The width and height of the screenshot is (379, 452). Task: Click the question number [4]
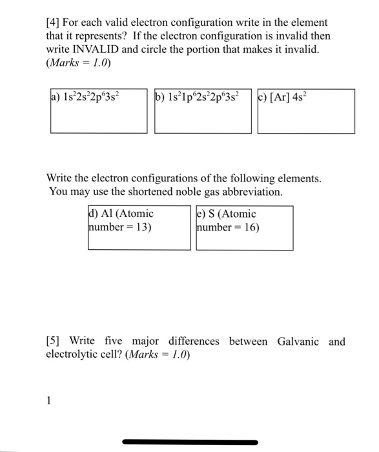click(x=53, y=23)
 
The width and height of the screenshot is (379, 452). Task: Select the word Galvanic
click(x=298, y=341)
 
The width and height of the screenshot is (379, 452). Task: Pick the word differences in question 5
click(x=194, y=341)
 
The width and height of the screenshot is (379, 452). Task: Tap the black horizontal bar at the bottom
click(x=190, y=442)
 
